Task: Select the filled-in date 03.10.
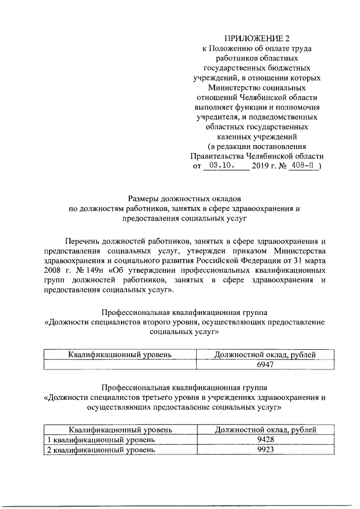223,166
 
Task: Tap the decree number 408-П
304,166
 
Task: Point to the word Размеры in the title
145,199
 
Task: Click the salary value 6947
264,364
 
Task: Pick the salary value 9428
264,439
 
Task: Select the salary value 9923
264,449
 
